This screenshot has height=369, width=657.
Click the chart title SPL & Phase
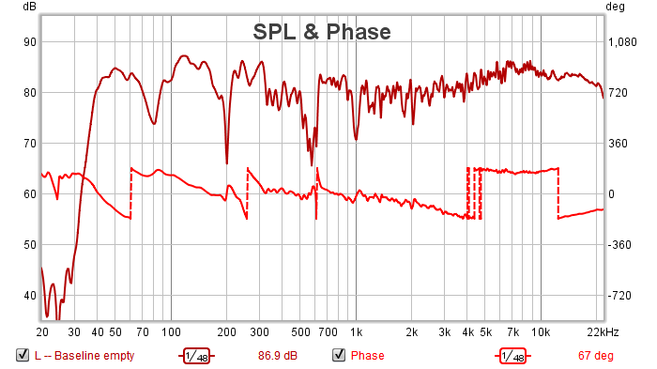tap(322, 32)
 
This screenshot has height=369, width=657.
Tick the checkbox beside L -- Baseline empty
tap(23, 355)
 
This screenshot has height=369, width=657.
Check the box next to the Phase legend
tap(339, 355)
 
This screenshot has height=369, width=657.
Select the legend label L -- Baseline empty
tap(84, 356)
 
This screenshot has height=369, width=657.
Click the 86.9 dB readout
tap(278, 356)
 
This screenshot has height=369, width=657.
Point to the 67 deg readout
tap(595, 356)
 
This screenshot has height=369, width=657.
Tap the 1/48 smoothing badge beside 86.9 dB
tap(196, 356)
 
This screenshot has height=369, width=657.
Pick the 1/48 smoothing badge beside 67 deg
tap(512, 356)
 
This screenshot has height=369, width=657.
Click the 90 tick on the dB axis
tap(30, 42)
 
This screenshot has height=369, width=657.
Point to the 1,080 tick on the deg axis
tap(622, 42)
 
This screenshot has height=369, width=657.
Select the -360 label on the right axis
tap(619, 245)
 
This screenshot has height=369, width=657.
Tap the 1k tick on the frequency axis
tap(356, 332)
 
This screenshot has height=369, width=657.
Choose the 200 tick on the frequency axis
tap(227, 332)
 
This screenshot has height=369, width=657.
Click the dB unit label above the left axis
tap(29, 7)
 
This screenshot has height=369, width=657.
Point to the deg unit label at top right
tap(615, 8)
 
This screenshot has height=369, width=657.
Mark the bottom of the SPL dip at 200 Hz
tap(227, 163)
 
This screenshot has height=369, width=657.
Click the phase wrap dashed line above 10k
tap(558, 193)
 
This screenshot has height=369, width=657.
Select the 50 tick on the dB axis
tap(30, 245)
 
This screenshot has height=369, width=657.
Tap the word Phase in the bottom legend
tap(368, 356)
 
